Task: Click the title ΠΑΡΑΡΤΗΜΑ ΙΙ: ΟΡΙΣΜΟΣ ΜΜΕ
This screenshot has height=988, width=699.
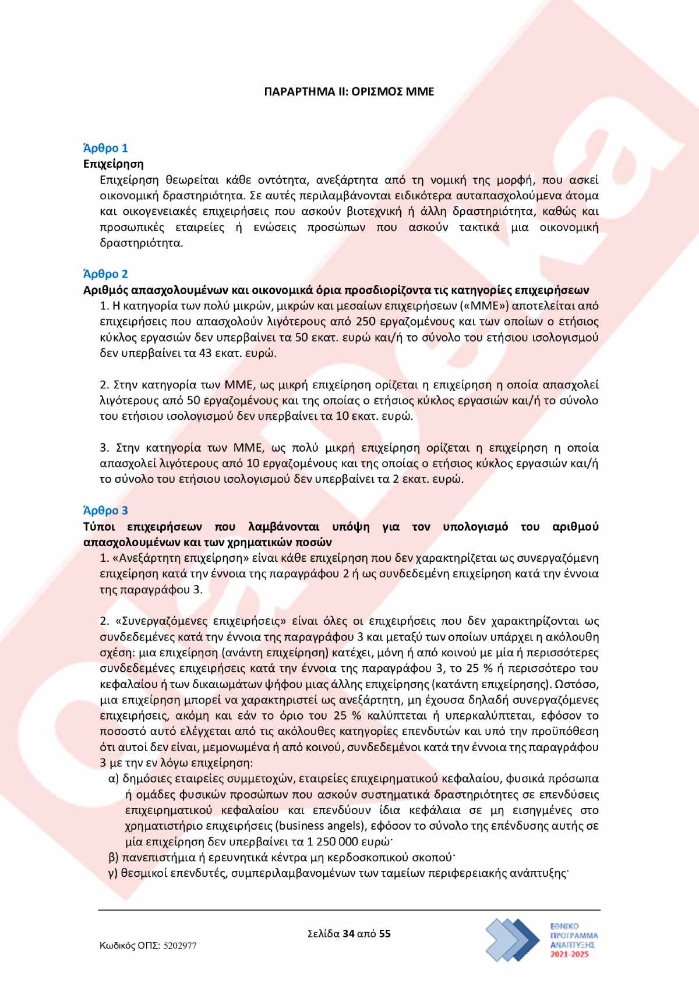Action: [349, 92]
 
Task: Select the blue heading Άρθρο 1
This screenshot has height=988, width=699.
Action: [105, 148]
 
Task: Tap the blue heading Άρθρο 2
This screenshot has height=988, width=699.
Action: [105, 274]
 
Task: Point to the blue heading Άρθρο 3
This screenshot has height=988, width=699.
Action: [105, 511]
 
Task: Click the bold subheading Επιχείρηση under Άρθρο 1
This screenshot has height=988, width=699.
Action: [114, 164]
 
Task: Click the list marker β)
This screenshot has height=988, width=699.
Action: [114, 858]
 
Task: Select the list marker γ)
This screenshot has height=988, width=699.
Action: [114, 873]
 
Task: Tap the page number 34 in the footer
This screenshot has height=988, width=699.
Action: [349, 934]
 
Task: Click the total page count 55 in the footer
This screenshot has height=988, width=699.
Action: [384, 934]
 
